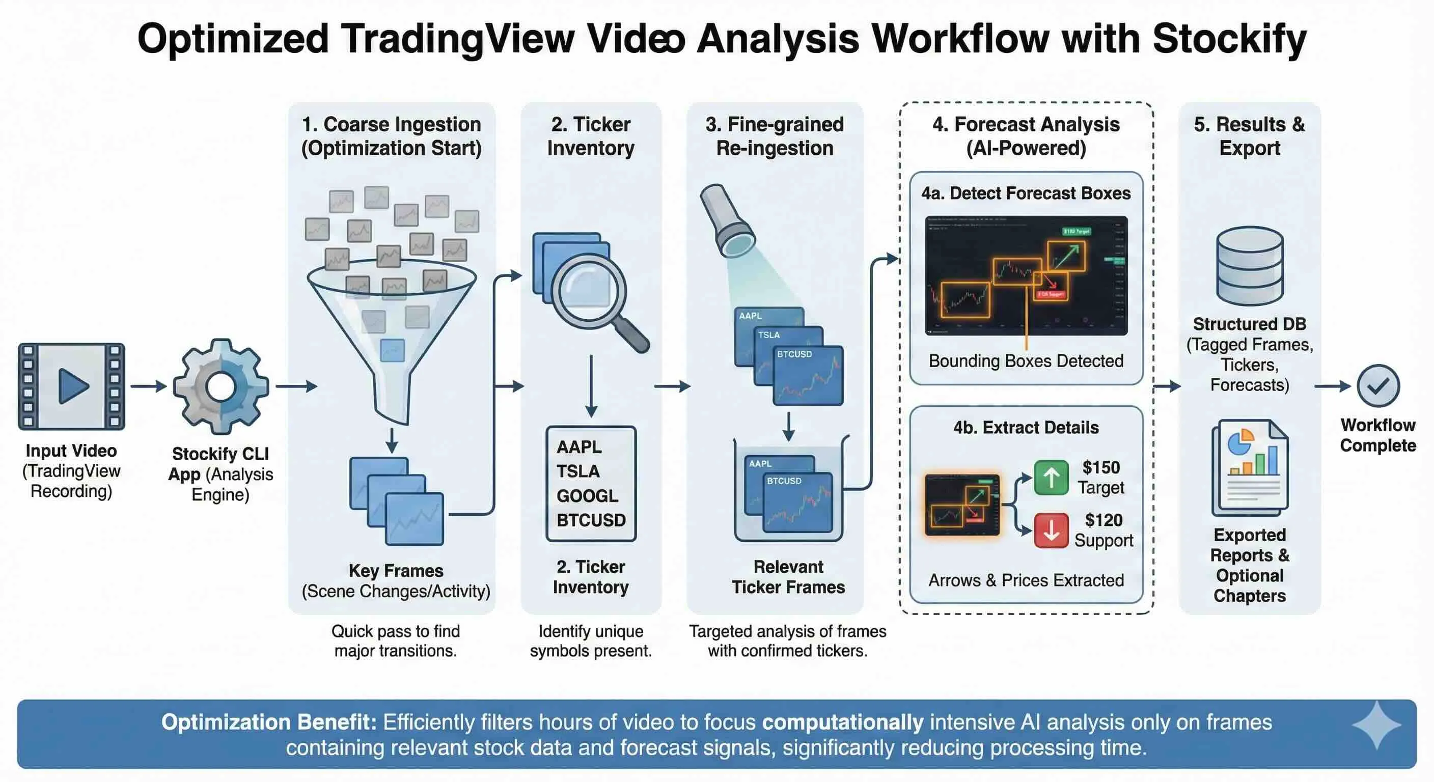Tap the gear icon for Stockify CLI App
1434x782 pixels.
point(221,386)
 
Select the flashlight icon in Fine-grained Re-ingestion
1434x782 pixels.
point(727,220)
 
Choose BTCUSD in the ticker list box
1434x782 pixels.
point(591,520)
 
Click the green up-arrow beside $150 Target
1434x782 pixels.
point(1051,478)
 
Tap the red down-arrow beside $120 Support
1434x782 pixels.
point(1051,530)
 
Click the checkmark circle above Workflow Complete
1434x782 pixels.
point(1378,386)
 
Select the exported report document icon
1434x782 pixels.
point(1250,467)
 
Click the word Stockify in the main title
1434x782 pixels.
point(1229,39)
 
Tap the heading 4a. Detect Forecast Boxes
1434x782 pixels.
point(1026,193)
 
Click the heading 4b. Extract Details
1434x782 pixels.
point(1026,428)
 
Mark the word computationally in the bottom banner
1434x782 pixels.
point(842,722)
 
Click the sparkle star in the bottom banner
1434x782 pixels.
point(1376,724)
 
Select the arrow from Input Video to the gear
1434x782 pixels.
point(149,386)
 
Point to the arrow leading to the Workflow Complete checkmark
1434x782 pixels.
point(1332,386)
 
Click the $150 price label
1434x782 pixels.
point(1100,467)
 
